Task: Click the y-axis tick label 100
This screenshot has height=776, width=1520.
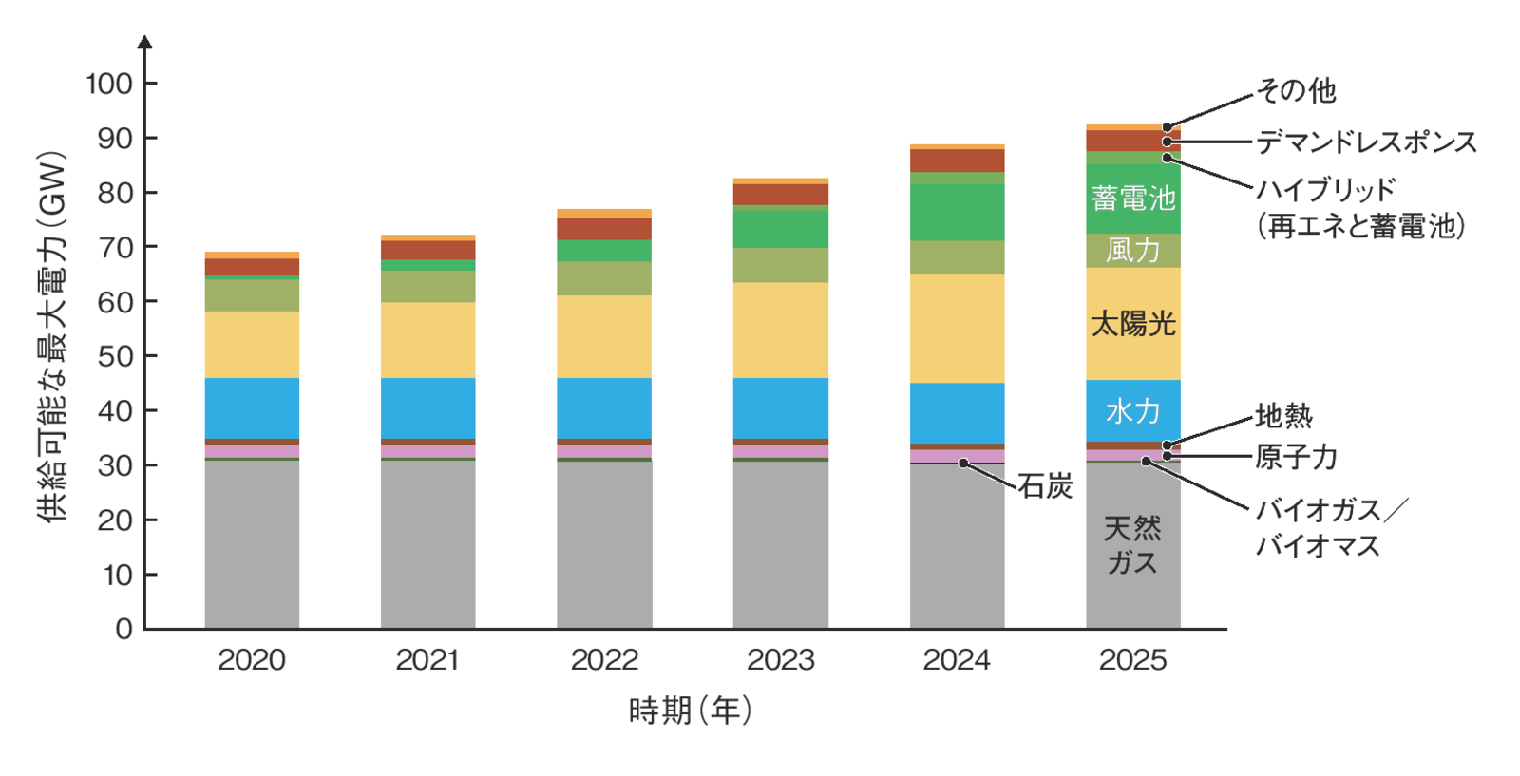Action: tap(109, 84)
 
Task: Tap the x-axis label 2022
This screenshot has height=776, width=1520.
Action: tap(604, 660)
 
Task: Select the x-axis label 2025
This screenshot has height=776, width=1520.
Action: tap(1132, 660)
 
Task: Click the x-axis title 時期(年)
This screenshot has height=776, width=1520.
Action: tap(691, 710)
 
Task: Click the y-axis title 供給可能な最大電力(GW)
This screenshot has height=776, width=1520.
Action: tap(53, 337)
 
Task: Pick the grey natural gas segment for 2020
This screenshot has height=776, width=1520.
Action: tap(252, 543)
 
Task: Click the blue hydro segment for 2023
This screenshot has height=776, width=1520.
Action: tap(780, 408)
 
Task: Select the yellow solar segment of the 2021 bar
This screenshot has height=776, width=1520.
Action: tap(427, 340)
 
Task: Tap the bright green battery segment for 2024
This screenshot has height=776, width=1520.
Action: tap(957, 213)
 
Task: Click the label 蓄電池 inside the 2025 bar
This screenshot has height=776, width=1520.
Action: tap(1132, 199)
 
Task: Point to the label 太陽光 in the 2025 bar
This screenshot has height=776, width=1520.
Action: tap(1132, 324)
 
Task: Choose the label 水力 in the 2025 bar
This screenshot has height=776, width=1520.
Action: tap(1132, 411)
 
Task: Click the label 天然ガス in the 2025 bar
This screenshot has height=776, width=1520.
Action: tap(1132, 545)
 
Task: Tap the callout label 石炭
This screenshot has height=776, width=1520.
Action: tap(1045, 486)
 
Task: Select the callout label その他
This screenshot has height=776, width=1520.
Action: tap(1296, 91)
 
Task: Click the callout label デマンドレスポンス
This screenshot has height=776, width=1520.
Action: tap(1366, 142)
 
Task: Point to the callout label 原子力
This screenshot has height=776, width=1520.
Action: tap(1296, 458)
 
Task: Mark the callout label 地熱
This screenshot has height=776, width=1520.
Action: tap(1283, 416)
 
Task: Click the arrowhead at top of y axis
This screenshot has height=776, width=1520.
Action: tap(144, 42)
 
